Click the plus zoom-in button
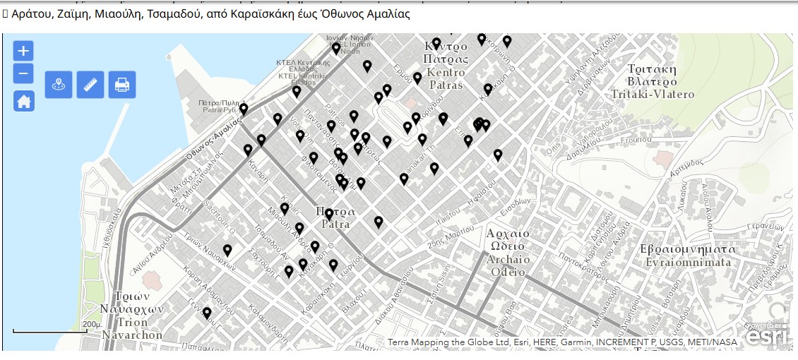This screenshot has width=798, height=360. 23,51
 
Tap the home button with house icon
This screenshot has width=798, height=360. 23,102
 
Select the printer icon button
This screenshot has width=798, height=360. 122,85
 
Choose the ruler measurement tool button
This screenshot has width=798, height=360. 90,85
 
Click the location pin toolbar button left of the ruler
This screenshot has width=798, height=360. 59,85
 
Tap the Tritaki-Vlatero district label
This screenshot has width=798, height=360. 653,82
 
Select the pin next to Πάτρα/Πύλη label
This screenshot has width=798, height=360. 244,109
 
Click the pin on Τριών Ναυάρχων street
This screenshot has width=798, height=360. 227,251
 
